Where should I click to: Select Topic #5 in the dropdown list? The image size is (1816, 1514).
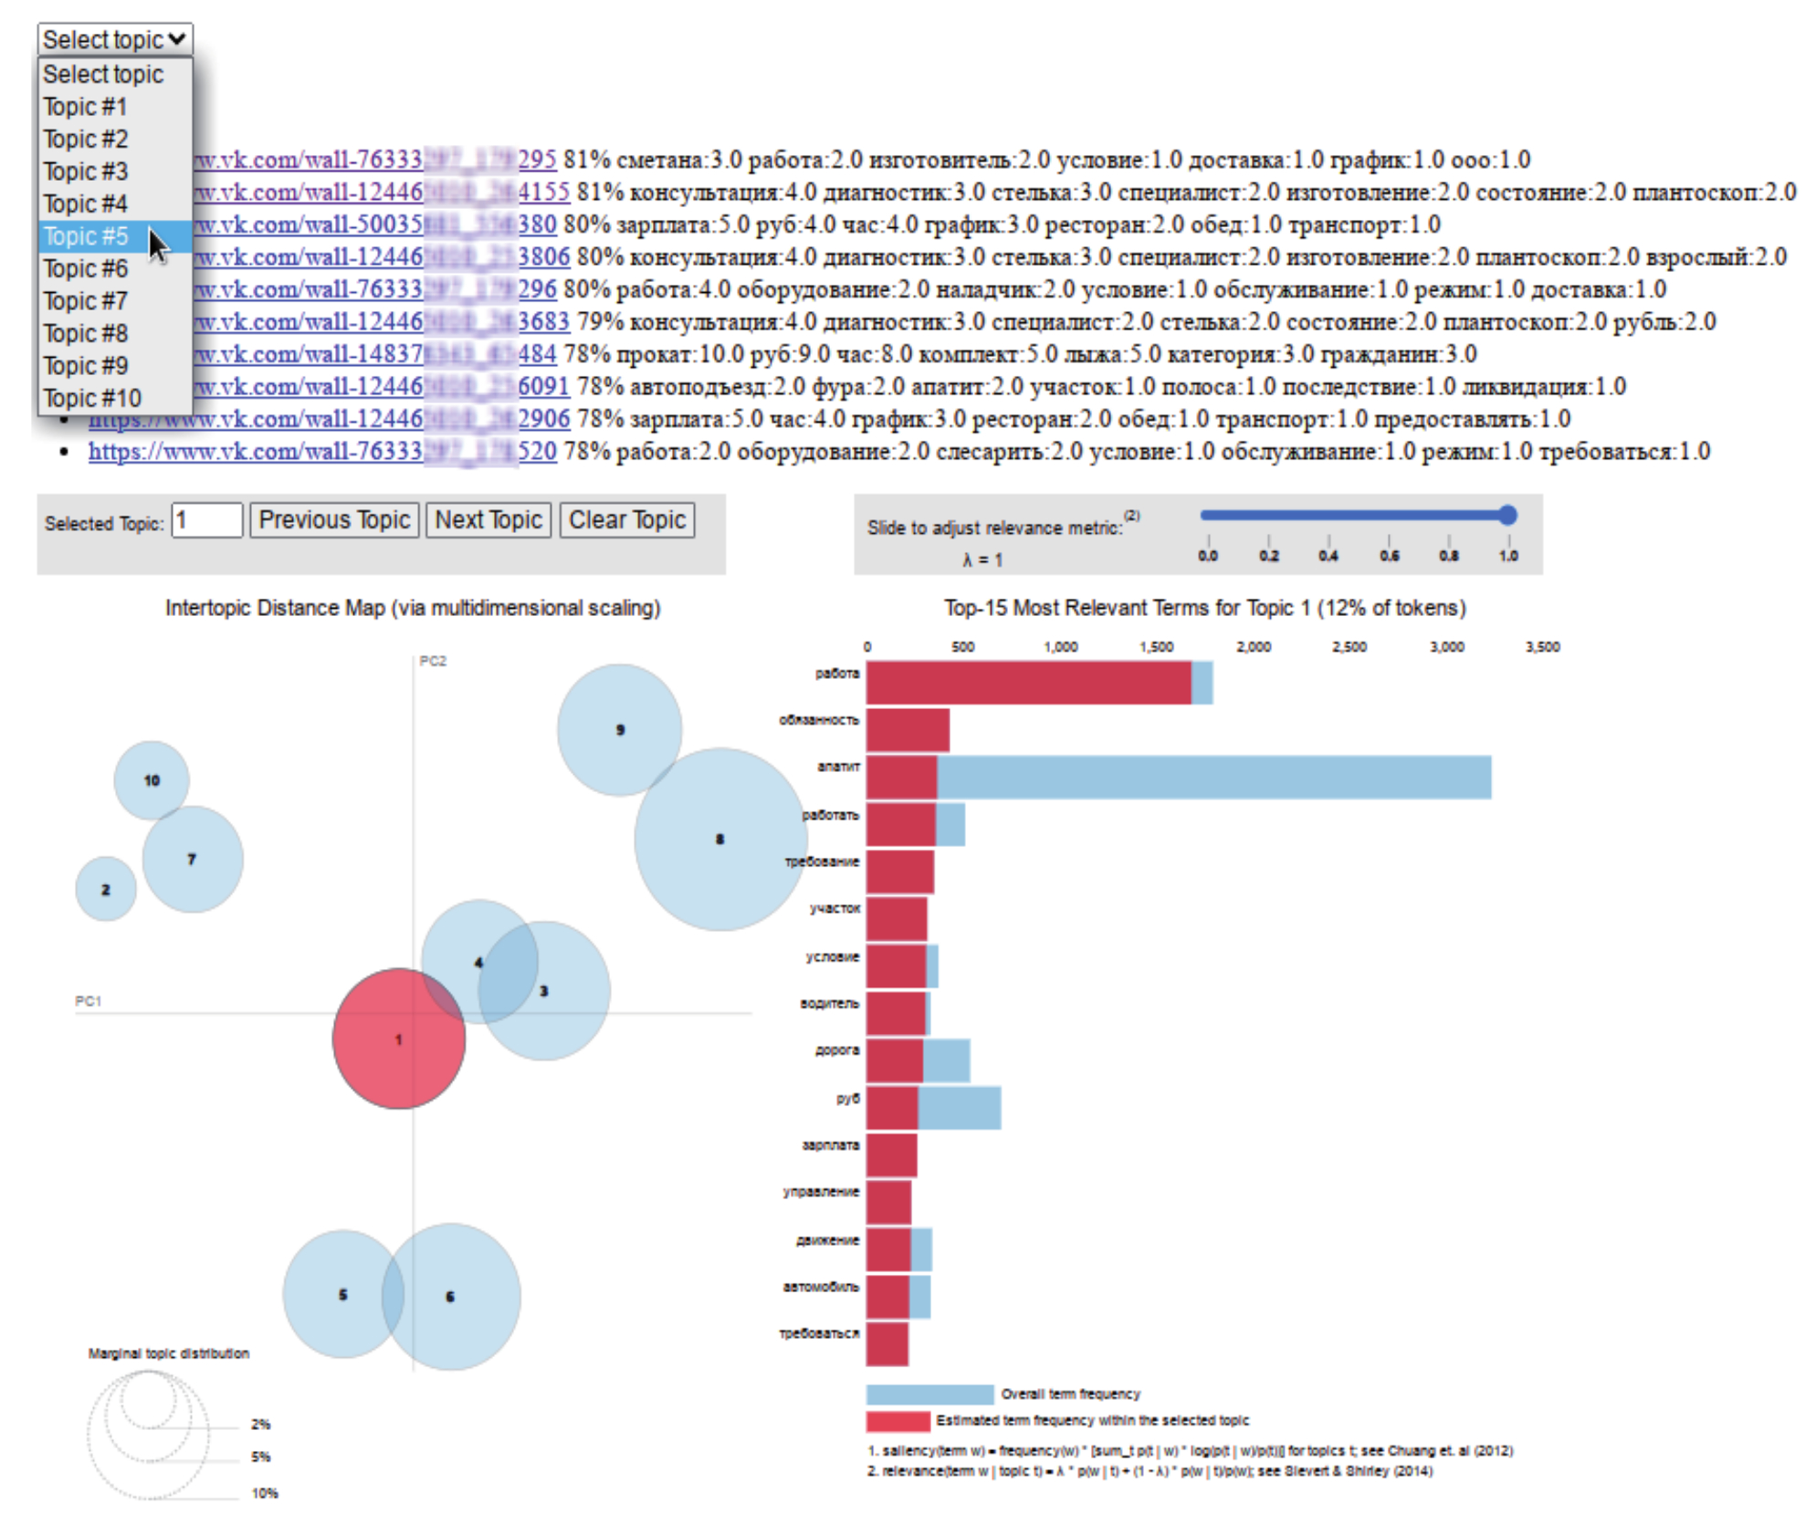click(x=87, y=236)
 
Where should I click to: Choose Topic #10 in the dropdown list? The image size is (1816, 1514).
click(x=92, y=399)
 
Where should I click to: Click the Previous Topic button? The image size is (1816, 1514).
click(x=334, y=520)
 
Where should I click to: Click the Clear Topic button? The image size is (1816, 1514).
click(x=627, y=520)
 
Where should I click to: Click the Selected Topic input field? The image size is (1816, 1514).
click(x=206, y=520)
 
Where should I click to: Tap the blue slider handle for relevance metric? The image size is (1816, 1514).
click(x=1507, y=516)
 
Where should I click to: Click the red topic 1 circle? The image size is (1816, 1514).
click(x=399, y=1039)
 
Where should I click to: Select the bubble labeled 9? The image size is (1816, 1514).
click(x=620, y=729)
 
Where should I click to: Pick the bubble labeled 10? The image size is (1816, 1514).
click(x=152, y=780)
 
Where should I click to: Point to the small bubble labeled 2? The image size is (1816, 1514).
click(x=106, y=889)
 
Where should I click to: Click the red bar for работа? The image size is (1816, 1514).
click(x=1028, y=683)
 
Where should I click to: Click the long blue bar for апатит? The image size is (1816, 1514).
click(x=1214, y=778)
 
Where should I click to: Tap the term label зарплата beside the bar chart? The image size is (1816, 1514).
click(x=830, y=1144)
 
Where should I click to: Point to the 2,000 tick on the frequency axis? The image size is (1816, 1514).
click(x=1254, y=647)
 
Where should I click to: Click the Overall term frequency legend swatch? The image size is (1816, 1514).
click(x=929, y=1394)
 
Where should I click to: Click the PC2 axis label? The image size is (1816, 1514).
click(x=433, y=661)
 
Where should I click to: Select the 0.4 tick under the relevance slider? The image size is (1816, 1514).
click(x=1328, y=555)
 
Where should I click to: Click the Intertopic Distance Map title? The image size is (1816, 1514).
click(x=413, y=608)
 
